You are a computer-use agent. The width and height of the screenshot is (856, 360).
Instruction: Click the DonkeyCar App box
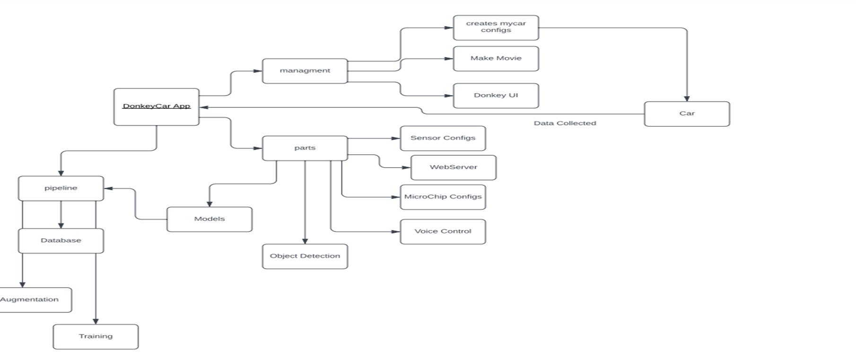(x=156, y=107)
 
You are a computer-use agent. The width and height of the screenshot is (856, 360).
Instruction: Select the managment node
(x=305, y=71)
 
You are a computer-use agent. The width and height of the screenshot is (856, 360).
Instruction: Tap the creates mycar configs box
(x=496, y=27)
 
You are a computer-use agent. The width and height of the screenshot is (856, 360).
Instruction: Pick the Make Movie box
(x=496, y=59)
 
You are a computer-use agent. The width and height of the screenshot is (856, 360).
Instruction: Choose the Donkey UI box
(x=496, y=96)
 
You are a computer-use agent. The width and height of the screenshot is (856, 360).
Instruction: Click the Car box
(x=687, y=114)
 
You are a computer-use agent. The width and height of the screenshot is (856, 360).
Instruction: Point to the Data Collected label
(x=565, y=123)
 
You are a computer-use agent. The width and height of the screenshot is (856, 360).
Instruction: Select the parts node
(x=305, y=148)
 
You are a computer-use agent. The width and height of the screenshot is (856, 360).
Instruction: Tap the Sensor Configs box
(x=443, y=138)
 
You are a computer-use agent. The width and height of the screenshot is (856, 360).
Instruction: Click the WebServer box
(x=453, y=167)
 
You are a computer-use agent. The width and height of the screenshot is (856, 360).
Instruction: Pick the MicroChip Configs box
(x=443, y=197)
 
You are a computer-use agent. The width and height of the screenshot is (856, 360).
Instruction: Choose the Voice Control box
(x=443, y=231)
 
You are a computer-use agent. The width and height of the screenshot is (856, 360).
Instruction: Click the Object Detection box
(x=305, y=256)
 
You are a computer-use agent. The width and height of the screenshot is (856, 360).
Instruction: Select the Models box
(x=209, y=219)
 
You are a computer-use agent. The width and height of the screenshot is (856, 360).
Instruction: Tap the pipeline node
(x=61, y=188)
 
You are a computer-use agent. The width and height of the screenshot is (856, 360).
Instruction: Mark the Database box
(x=61, y=241)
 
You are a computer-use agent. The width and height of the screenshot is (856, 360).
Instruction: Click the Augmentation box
(x=33, y=300)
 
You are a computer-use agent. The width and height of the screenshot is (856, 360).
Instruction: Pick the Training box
(x=96, y=337)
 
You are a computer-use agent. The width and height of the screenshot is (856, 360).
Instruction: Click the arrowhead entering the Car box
(x=687, y=99)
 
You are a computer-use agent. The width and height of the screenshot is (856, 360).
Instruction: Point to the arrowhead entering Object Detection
(x=305, y=241)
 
